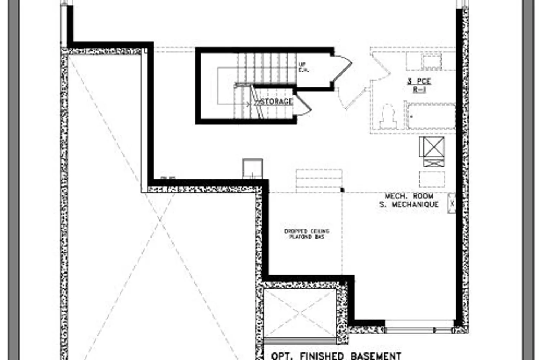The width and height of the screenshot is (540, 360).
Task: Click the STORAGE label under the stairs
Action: click(x=276, y=102)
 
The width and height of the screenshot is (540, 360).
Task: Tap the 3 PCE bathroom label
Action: click(x=419, y=81)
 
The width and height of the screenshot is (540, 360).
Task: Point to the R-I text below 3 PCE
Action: click(x=419, y=89)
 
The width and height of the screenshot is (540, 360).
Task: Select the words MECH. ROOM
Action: click(x=409, y=196)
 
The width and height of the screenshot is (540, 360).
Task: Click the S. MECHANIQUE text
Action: click(x=409, y=204)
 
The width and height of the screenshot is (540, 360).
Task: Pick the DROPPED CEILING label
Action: click(x=307, y=231)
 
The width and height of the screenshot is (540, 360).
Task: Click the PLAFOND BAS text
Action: click(x=307, y=237)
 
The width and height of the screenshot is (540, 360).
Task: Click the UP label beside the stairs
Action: click(x=302, y=64)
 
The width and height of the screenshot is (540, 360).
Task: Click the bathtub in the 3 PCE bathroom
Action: click(x=431, y=116)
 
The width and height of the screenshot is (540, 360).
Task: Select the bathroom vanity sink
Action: click(x=431, y=62)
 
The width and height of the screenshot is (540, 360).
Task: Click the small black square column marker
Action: click(x=342, y=190)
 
